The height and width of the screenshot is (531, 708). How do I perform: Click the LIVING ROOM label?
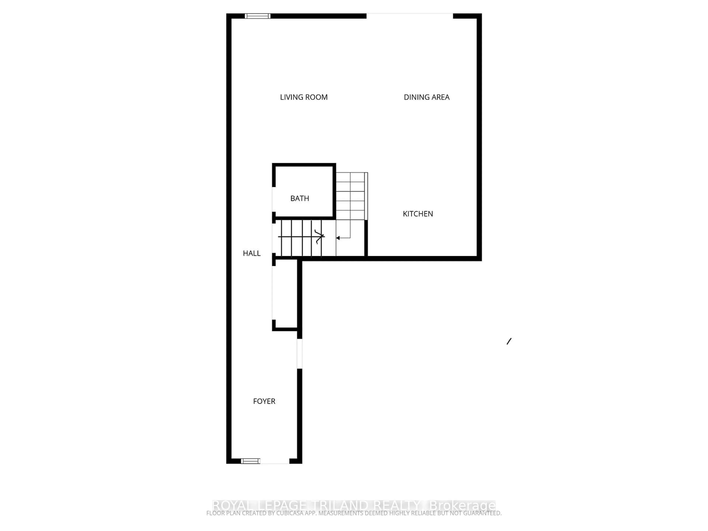(304, 97)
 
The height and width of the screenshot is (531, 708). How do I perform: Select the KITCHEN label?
(418, 214)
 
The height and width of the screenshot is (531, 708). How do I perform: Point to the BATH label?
(300, 198)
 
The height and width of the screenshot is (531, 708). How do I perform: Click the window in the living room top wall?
(258, 16)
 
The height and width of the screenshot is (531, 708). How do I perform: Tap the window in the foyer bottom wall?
(250, 461)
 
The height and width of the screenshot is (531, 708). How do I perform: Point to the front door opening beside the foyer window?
(275, 461)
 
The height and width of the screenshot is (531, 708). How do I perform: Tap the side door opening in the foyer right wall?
(300, 353)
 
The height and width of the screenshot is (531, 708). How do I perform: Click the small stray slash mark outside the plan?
(509, 341)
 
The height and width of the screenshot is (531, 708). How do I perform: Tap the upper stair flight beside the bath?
(350, 196)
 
